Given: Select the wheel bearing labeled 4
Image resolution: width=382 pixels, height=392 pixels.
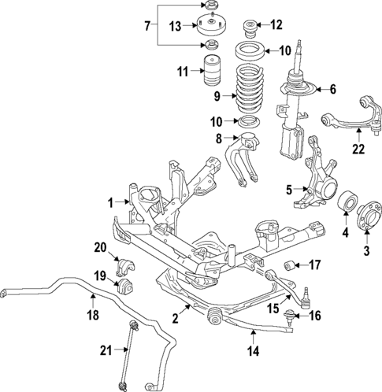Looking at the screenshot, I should [346, 206].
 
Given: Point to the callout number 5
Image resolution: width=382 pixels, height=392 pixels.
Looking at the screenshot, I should [288, 189].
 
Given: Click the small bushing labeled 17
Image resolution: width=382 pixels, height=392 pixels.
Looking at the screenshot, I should [291, 264].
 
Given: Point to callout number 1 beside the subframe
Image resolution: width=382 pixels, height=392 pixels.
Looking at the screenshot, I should [110, 201].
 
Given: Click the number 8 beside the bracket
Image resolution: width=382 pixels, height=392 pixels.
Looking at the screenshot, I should [219, 139].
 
